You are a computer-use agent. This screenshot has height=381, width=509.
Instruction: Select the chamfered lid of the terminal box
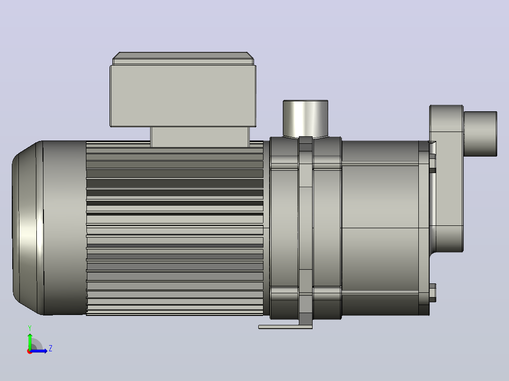point(183,58)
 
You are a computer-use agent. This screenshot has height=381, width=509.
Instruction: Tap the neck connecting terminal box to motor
point(200,137)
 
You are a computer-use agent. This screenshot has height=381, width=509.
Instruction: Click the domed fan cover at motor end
point(27,228)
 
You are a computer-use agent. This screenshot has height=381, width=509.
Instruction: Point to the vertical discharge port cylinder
point(305,119)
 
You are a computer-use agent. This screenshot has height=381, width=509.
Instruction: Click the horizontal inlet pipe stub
point(480,134)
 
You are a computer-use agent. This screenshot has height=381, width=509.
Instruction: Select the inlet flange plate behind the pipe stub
point(446,178)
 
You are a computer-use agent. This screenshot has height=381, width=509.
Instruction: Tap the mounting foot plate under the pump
point(285,327)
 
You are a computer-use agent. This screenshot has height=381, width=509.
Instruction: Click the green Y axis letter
point(30,328)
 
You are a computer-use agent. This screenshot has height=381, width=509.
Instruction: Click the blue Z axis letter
point(51,348)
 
